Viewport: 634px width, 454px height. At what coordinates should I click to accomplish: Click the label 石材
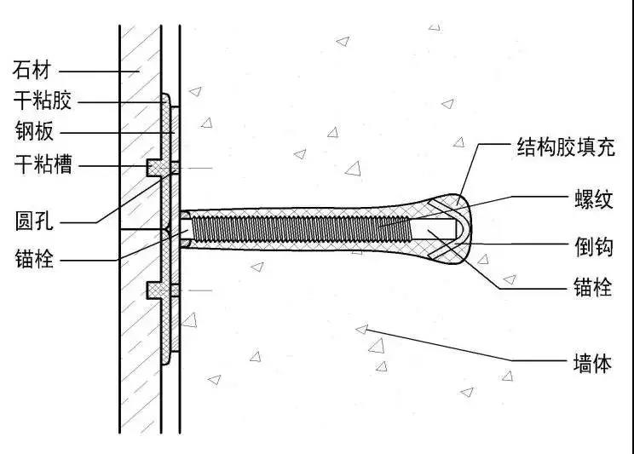(x=32, y=70)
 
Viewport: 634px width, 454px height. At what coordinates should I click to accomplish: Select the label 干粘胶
(x=43, y=100)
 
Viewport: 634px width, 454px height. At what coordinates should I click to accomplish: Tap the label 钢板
(x=34, y=131)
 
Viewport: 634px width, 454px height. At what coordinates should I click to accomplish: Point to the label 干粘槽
(x=43, y=164)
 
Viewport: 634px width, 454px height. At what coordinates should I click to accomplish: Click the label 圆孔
(x=34, y=221)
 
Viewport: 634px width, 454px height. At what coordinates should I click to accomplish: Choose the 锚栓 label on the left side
(x=34, y=259)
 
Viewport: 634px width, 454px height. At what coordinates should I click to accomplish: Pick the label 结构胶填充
(x=566, y=147)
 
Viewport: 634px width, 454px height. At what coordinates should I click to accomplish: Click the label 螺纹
(x=594, y=199)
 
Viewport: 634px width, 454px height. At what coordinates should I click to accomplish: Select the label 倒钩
(x=594, y=247)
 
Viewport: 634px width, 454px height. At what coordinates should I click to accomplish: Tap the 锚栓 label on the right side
(x=593, y=287)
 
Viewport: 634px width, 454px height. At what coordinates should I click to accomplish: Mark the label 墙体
(x=592, y=363)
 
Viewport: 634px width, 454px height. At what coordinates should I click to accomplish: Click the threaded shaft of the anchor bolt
(x=301, y=229)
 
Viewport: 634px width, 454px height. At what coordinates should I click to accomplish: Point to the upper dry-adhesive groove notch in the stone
(x=153, y=167)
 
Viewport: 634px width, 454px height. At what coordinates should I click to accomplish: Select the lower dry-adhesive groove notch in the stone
(x=153, y=290)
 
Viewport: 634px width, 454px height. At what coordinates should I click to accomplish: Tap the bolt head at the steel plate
(x=185, y=229)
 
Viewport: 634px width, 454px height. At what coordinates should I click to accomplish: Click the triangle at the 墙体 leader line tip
(x=362, y=330)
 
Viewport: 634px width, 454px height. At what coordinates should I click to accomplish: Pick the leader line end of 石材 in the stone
(x=139, y=72)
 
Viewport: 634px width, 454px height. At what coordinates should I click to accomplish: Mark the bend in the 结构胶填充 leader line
(x=480, y=144)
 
